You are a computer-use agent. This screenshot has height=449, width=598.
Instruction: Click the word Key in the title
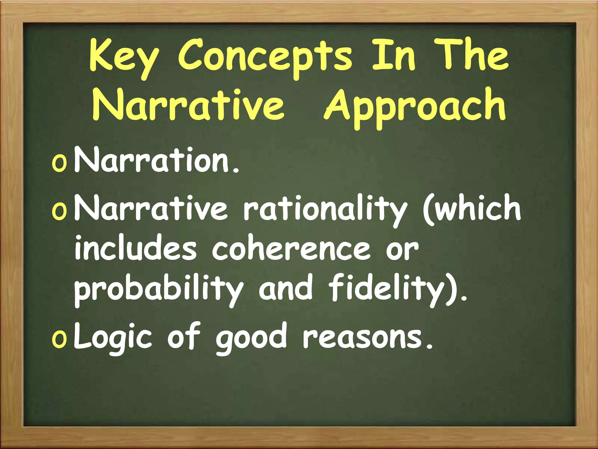coord(124,57)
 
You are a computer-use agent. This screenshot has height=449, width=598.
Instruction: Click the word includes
coord(135,248)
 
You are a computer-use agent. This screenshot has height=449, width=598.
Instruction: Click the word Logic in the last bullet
coord(113,338)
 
